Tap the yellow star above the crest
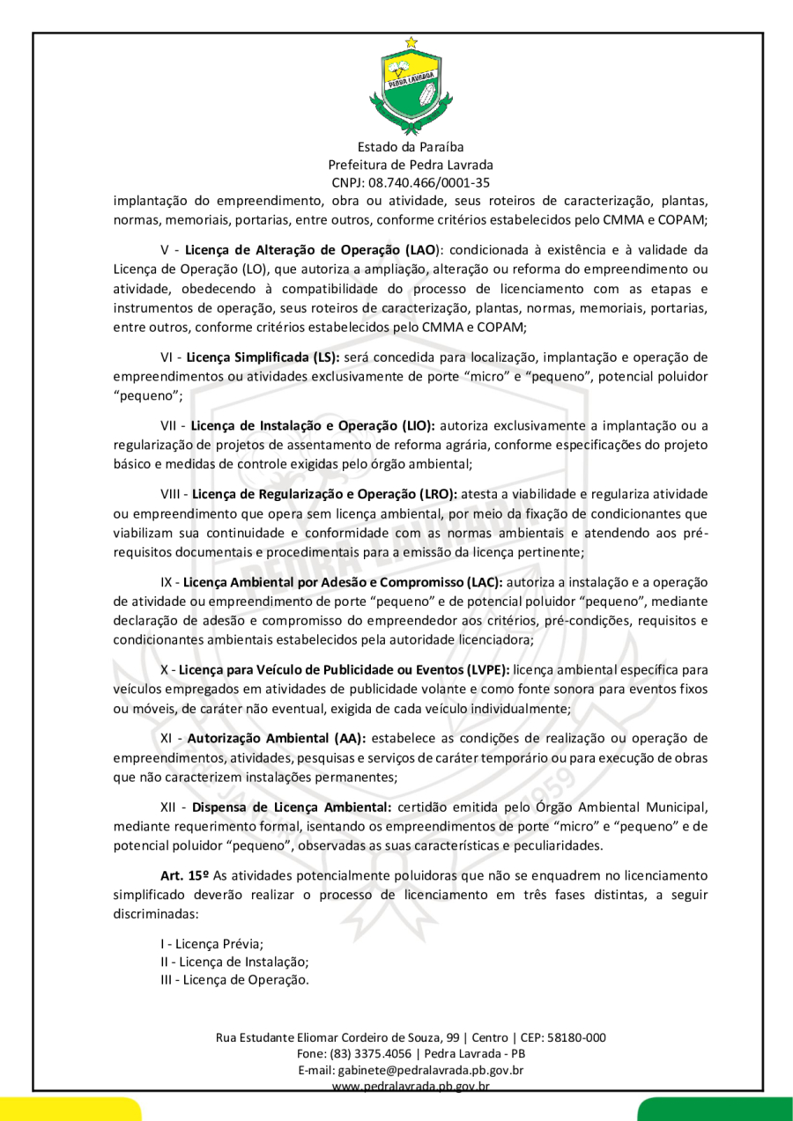point(411,41)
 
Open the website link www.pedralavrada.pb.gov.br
point(411,1087)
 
